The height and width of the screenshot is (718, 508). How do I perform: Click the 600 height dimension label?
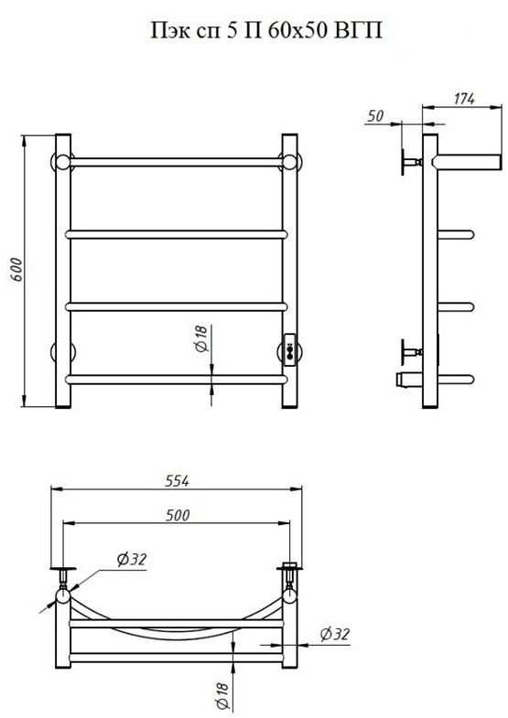point(16,270)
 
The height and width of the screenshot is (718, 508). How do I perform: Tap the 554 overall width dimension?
point(177,481)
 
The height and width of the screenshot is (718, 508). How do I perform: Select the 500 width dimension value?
point(178,515)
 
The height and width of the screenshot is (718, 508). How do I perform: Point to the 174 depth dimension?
point(463,99)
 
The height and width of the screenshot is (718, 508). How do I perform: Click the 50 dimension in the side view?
point(375,116)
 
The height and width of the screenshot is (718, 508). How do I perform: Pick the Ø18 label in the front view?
point(202,338)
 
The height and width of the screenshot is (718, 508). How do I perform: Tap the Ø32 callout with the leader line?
point(132,559)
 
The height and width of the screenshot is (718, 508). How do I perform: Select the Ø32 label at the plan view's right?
point(335,634)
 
